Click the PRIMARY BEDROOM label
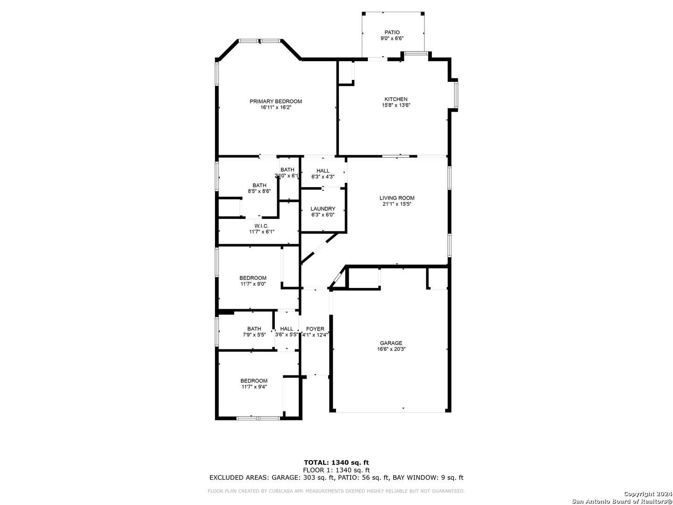pyautogui.click(x=276, y=101)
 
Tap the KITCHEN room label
pyautogui.click(x=396, y=99)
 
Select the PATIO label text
pyautogui.click(x=392, y=33)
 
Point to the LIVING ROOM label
pyautogui.click(x=397, y=198)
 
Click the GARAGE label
pyautogui.click(x=391, y=343)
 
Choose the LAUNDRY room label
pyautogui.click(x=323, y=209)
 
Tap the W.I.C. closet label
pyautogui.click(x=262, y=226)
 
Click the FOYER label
pyautogui.click(x=315, y=329)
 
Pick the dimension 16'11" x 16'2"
pyautogui.click(x=276, y=108)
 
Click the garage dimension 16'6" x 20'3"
pyautogui.click(x=391, y=349)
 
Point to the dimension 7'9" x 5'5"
pyautogui.click(x=254, y=335)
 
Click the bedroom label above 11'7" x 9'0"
pyautogui.click(x=253, y=278)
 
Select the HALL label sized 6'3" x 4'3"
pyautogui.click(x=323, y=171)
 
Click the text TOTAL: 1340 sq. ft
pyautogui.click(x=336, y=463)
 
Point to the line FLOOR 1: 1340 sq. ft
pyautogui.click(x=336, y=470)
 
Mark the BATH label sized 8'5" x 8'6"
pyautogui.click(x=259, y=186)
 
